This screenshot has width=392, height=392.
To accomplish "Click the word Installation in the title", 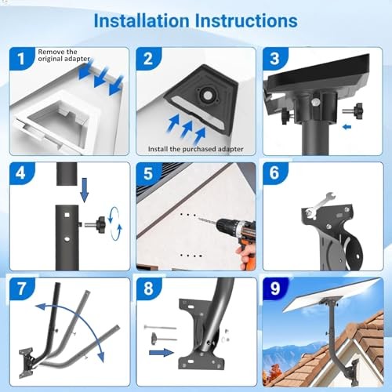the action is [x=141, y=20].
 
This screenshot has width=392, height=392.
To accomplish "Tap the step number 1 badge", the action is [x=21, y=59].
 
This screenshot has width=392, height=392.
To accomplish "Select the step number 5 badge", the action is [x=148, y=173].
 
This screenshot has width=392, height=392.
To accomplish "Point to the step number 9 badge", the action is [x=275, y=288].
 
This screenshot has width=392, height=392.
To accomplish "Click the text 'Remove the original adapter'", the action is [x=64, y=56].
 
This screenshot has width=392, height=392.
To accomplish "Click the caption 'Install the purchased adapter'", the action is [x=196, y=149].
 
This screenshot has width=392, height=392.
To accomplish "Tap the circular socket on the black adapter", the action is [x=207, y=96].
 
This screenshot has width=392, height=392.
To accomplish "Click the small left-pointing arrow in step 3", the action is [x=347, y=127].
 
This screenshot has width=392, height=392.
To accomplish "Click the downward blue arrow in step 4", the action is [x=85, y=190].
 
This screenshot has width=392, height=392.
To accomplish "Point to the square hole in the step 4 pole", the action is [x=67, y=215].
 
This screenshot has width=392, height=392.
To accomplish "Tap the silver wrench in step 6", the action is [x=320, y=205].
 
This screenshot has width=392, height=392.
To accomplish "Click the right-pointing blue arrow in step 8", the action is [x=162, y=353].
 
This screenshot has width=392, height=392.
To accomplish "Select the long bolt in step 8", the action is [x=160, y=327].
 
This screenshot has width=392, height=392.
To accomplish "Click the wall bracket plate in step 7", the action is [x=26, y=363].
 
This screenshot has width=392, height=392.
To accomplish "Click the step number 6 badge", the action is [x=275, y=173].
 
